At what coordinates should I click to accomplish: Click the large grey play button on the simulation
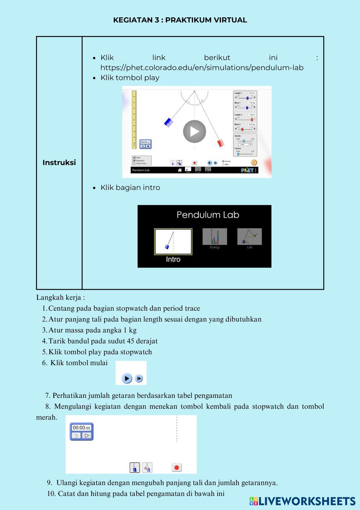(194, 132)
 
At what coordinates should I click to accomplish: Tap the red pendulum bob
(221, 143)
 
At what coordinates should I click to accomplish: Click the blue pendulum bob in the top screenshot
(168, 122)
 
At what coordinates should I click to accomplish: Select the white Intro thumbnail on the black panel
(173, 241)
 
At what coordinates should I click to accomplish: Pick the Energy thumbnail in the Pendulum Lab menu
(214, 237)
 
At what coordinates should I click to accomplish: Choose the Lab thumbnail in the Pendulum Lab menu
(249, 237)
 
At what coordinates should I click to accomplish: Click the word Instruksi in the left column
(59, 163)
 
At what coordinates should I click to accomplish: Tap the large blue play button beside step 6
(127, 378)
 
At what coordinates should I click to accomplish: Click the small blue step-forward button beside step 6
(139, 378)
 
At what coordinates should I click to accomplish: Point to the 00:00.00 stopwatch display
(81, 428)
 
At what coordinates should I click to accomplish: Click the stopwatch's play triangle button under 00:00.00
(86, 435)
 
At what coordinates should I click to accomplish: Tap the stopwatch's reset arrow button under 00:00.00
(76, 435)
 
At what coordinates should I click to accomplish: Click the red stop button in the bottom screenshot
(177, 467)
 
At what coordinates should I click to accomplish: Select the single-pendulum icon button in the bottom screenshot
(134, 467)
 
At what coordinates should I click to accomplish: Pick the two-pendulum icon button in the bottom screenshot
(147, 467)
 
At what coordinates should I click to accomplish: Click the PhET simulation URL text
(202, 68)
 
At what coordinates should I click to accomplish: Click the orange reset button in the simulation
(254, 163)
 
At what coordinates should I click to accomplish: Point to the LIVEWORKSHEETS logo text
(306, 501)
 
